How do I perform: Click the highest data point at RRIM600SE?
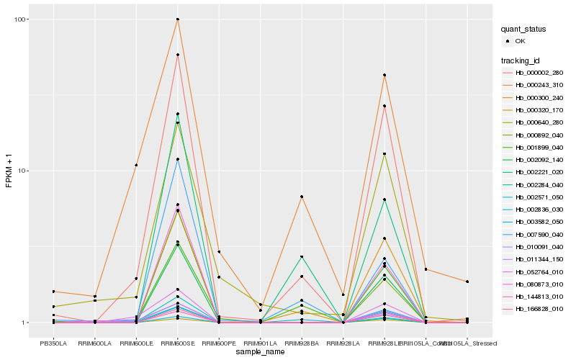click(x=177, y=19)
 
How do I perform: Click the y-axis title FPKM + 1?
click(x=9, y=171)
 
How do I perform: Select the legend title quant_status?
click(x=524, y=30)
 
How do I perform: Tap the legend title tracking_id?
click(x=522, y=60)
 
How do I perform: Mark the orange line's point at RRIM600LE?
click(x=136, y=166)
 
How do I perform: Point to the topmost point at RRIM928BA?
click(x=301, y=197)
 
